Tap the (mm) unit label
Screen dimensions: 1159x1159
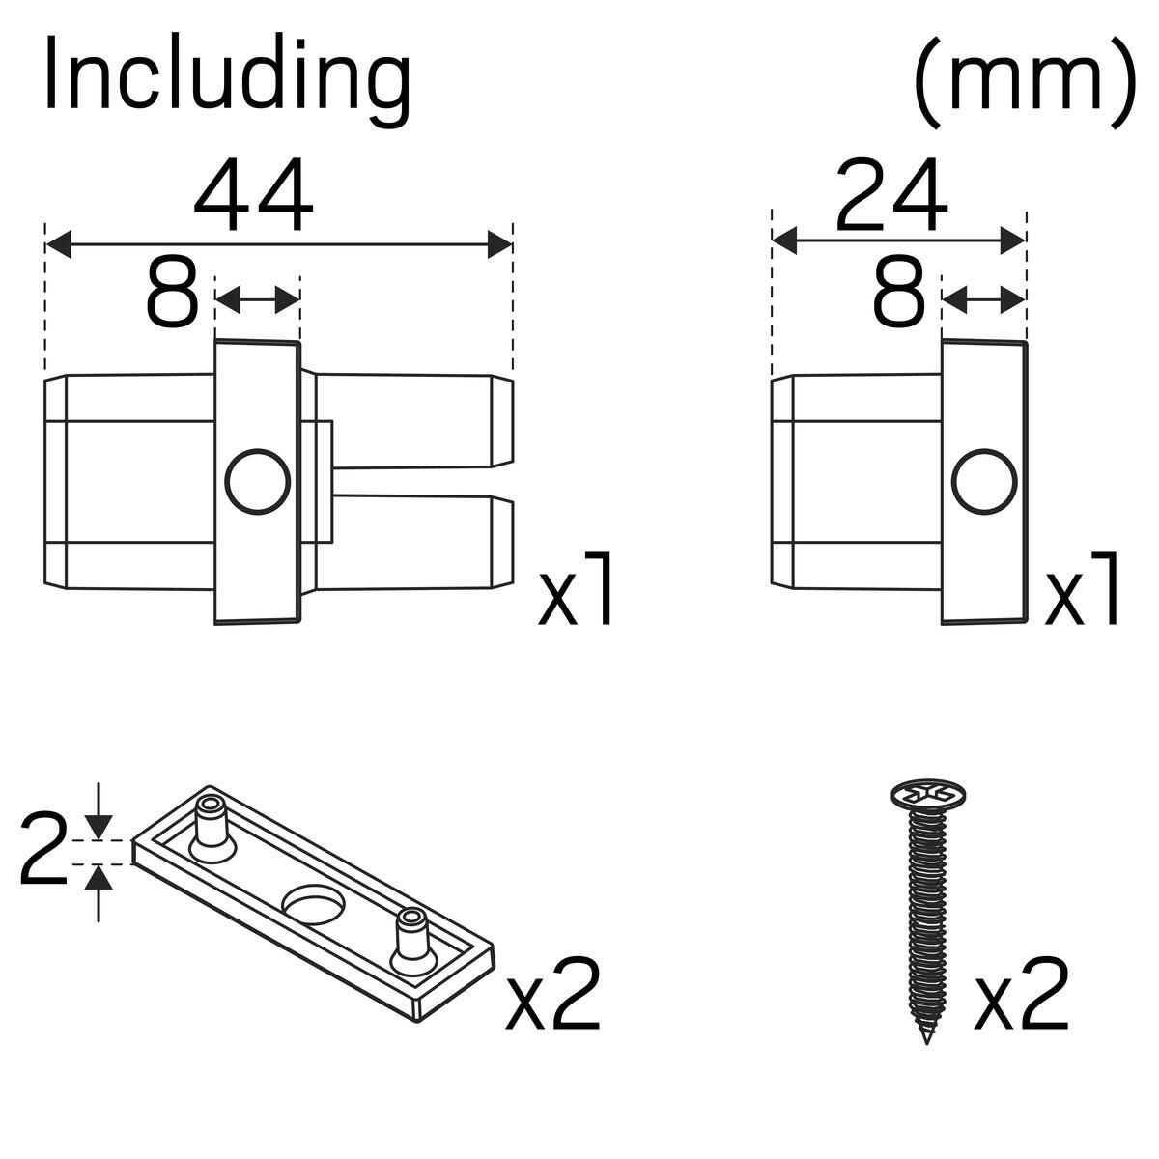[x=1026, y=81]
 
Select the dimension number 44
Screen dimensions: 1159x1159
[x=254, y=195]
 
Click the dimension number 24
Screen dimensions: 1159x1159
[x=892, y=195]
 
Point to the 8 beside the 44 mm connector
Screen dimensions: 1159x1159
[x=173, y=293]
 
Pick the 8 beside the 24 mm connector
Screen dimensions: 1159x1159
[x=899, y=293]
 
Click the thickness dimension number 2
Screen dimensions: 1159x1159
[x=42, y=851]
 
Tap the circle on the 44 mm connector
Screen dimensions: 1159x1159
[x=258, y=481]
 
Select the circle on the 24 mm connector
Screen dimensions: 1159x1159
[x=984, y=481]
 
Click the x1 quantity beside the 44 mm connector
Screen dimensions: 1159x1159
[x=576, y=588]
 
